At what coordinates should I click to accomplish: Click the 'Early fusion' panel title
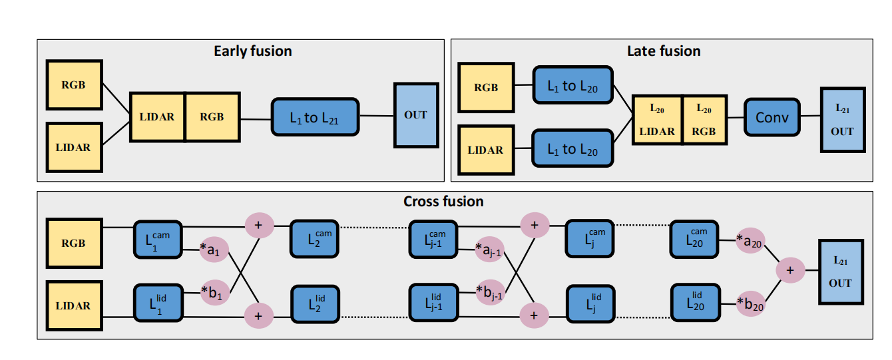click(x=252, y=51)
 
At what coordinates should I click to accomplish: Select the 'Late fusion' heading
click(x=664, y=51)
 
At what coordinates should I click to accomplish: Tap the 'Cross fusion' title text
click(x=443, y=201)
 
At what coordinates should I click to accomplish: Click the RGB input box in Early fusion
click(x=73, y=85)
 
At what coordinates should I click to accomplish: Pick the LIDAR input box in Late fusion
click(x=485, y=150)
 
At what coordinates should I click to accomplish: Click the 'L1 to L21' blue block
click(x=315, y=118)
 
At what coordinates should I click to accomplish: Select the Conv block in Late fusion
click(x=772, y=118)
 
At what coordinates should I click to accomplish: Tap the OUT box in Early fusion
click(x=416, y=115)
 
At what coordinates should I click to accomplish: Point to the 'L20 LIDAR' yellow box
click(x=657, y=120)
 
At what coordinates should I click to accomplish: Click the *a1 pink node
click(x=214, y=250)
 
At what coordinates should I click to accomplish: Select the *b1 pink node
click(x=214, y=292)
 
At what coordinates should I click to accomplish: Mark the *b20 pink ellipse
click(x=750, y=304)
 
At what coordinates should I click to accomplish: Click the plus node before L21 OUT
click(x=790, y=270)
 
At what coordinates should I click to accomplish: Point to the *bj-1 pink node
click(x=489, y=292)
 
